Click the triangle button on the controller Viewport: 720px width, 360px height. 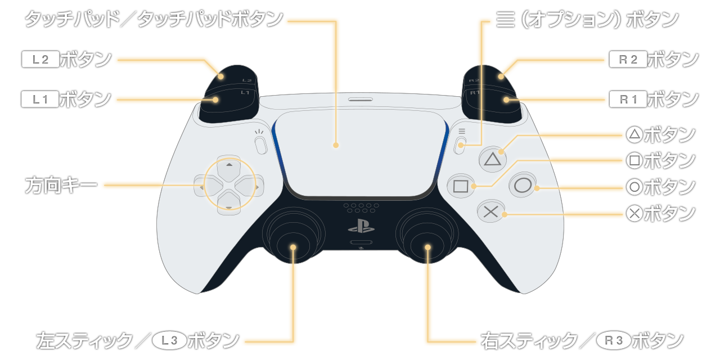pyautogui.click(x=492, y=159)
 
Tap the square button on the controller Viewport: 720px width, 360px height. pyautogui.click(x=461, y=186)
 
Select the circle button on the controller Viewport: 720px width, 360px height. pyautogui.click(x=523, y=186)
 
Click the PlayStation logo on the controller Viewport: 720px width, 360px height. pyautogui.click(x=361, y=226)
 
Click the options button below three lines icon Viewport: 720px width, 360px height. pyautogui.click(x=460, y=146)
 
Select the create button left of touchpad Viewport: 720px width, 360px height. pyautogui.click(x=260, y=146)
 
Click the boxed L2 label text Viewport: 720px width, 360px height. pyautogui.click(x=40, y=60)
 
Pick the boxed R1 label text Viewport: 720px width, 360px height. pyautogui.click(x=628, y=100)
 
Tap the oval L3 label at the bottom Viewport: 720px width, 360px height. pyautogui.click(x=169, y=341)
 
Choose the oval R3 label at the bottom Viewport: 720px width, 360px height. pyautogui.click(x=614, y=341)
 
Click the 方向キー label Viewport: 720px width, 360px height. pyautogui.click(x=61, y=185)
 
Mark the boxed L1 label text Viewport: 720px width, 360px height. pyautogui.click(x=40, y=100)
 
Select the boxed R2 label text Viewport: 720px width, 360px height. pyautogui.click(x=628, y=60)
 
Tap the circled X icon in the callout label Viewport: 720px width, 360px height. pyautogui.click(x=634, y=213)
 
